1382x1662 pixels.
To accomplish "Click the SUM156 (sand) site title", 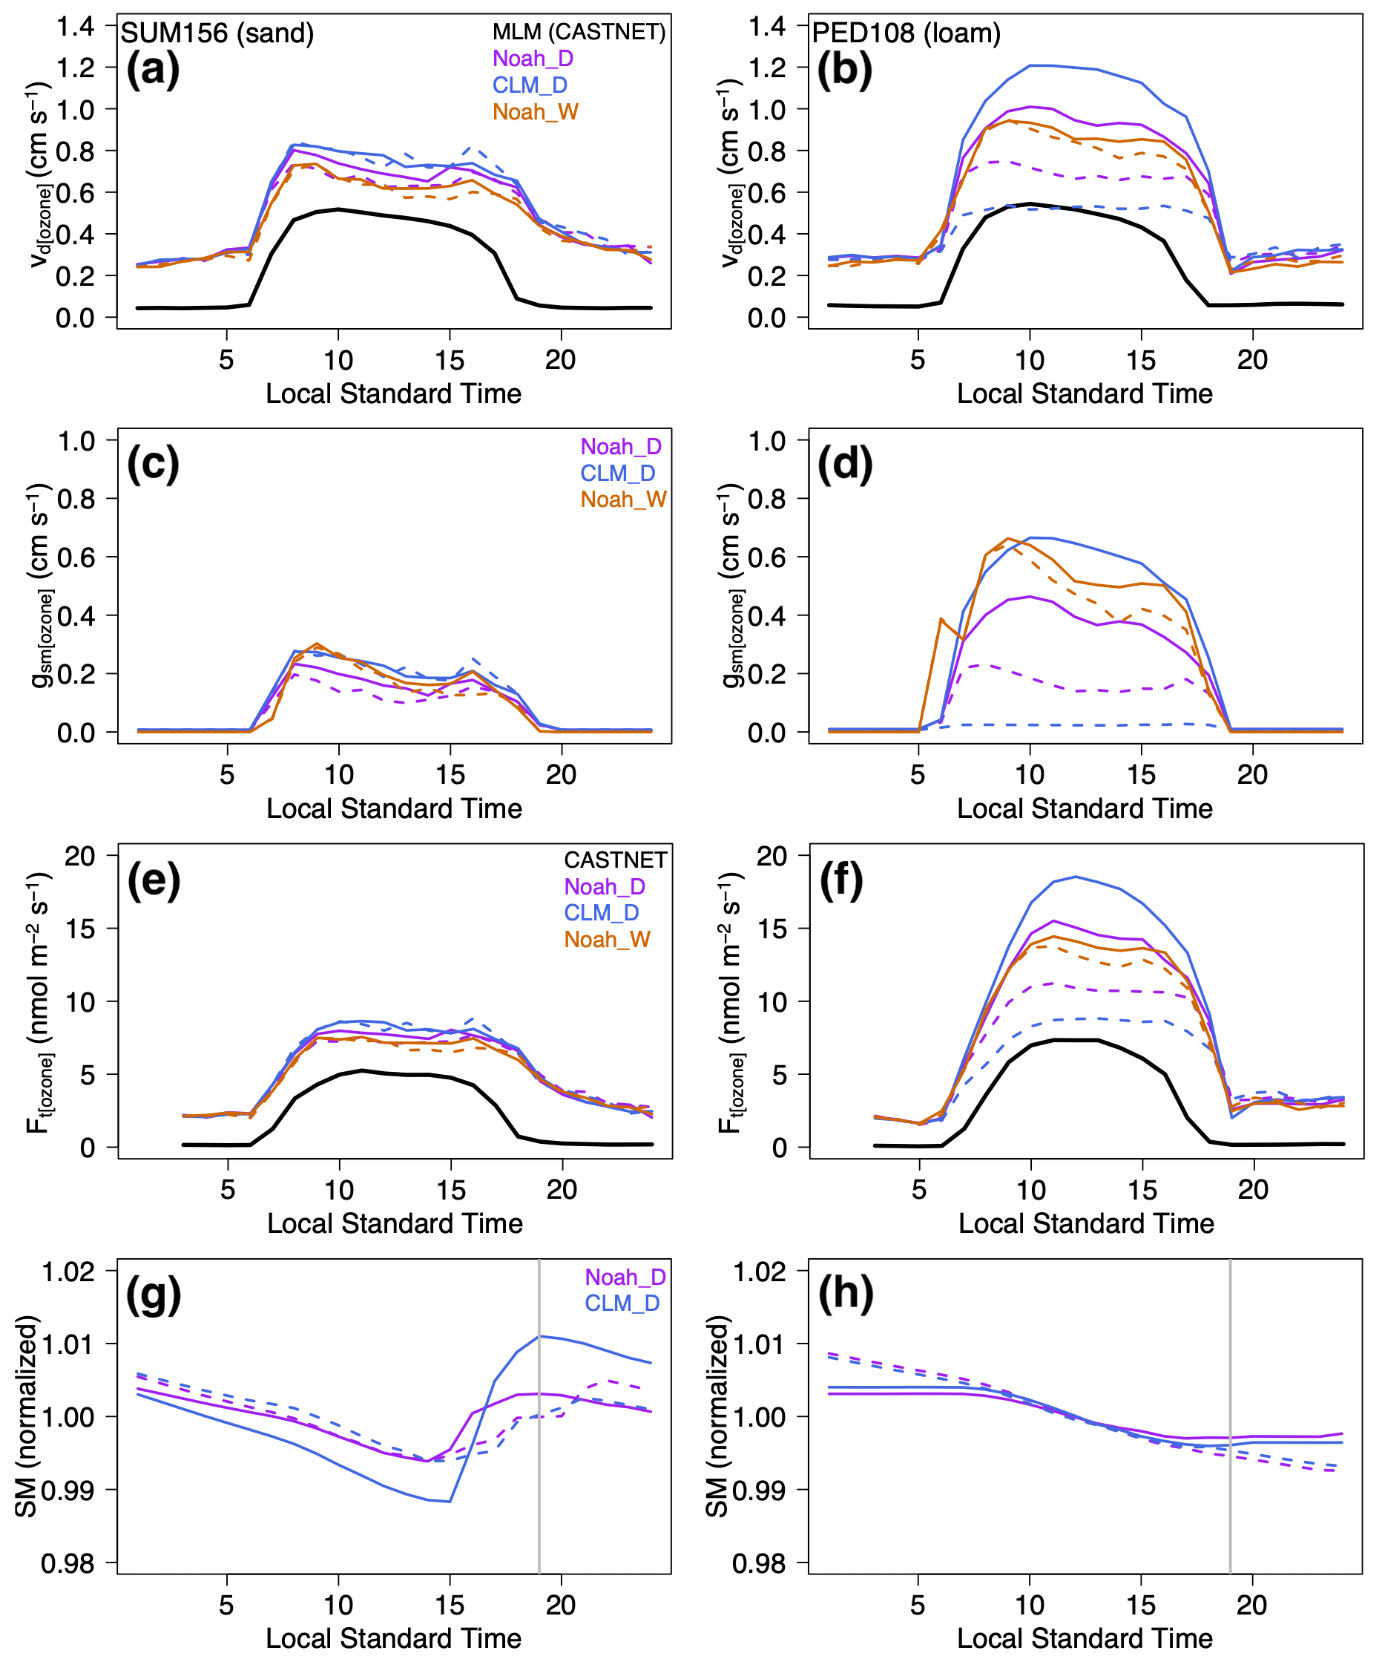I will click(217, 33).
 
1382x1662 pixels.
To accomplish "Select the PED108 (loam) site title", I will click(906, 33).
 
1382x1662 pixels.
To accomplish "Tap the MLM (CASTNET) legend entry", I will click(579, 32).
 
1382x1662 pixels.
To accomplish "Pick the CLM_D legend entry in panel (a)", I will click(529, 85).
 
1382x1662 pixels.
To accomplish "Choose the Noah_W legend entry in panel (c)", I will click(623, 500).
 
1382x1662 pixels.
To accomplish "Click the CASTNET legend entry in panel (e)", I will click(615, 860).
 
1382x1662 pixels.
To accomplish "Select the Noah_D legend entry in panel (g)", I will click(625, 1277).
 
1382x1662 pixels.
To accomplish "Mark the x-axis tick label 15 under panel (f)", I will click(1142, 1188).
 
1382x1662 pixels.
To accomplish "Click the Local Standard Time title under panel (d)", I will click(1085, 808).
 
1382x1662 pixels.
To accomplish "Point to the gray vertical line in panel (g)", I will click(539, 1416).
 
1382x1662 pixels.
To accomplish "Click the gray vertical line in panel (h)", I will click(1230, 1416).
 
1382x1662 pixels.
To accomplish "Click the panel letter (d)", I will click(844, 465).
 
